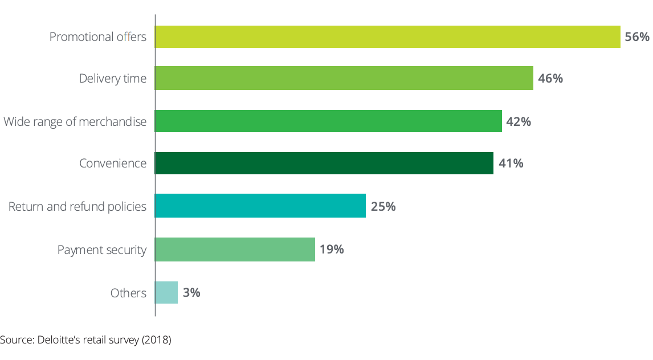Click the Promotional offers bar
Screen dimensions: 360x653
click(x=387, y=36)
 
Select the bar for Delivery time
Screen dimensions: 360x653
click(x=344, y=78)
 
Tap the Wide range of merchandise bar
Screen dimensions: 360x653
click(x=328, y=121)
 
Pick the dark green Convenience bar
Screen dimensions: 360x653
click(x=324, y=163)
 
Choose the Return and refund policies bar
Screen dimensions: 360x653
click(x=260, y=206)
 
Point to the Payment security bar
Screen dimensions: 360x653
click(x=235, y=249)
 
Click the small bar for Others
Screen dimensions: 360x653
click(x=166, y=292)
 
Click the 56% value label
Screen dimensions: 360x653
click(x=637, y=37)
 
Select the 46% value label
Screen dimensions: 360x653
click(x=550, y=79)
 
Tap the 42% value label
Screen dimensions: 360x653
click(x=519, y=121)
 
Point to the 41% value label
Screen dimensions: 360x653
click(x=511, y=163)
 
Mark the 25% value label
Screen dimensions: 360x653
click(x=383, y=206)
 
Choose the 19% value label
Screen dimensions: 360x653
click(x=331, y=249)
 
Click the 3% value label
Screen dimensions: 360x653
click(x=191, y=293)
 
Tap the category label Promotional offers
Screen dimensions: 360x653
click(x=98, y=37)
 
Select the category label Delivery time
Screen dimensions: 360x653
click(x=113, y=79)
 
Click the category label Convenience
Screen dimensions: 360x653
click(x=113, y=163)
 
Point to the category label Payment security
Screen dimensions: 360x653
click(x=102, y=249)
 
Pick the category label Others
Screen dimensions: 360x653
click(x=128, y=293)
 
